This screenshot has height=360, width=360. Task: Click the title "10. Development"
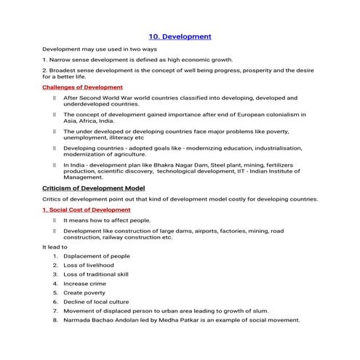point(180,36)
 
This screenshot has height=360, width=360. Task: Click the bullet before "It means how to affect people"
point(53,219)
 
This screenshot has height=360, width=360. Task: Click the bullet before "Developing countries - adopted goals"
point(53,148)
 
